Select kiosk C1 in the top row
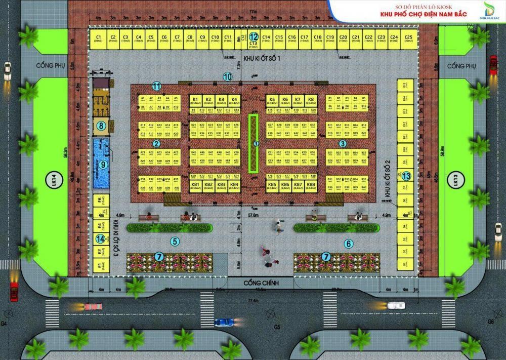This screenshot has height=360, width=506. (99, 39)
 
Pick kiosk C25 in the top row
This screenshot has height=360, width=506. (408, 39)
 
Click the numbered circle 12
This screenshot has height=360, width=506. (254, 36)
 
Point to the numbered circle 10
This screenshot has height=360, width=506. (228, 77)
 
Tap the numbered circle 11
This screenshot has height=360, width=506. (157, 86)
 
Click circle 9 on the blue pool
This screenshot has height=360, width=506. (103, 165)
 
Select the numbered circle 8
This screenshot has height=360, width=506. (101, 126)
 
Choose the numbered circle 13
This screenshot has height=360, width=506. (406, 175)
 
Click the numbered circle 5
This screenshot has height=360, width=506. (175, 242)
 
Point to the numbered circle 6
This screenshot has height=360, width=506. (348, 244)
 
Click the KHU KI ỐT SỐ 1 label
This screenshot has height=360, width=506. (262, 59)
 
